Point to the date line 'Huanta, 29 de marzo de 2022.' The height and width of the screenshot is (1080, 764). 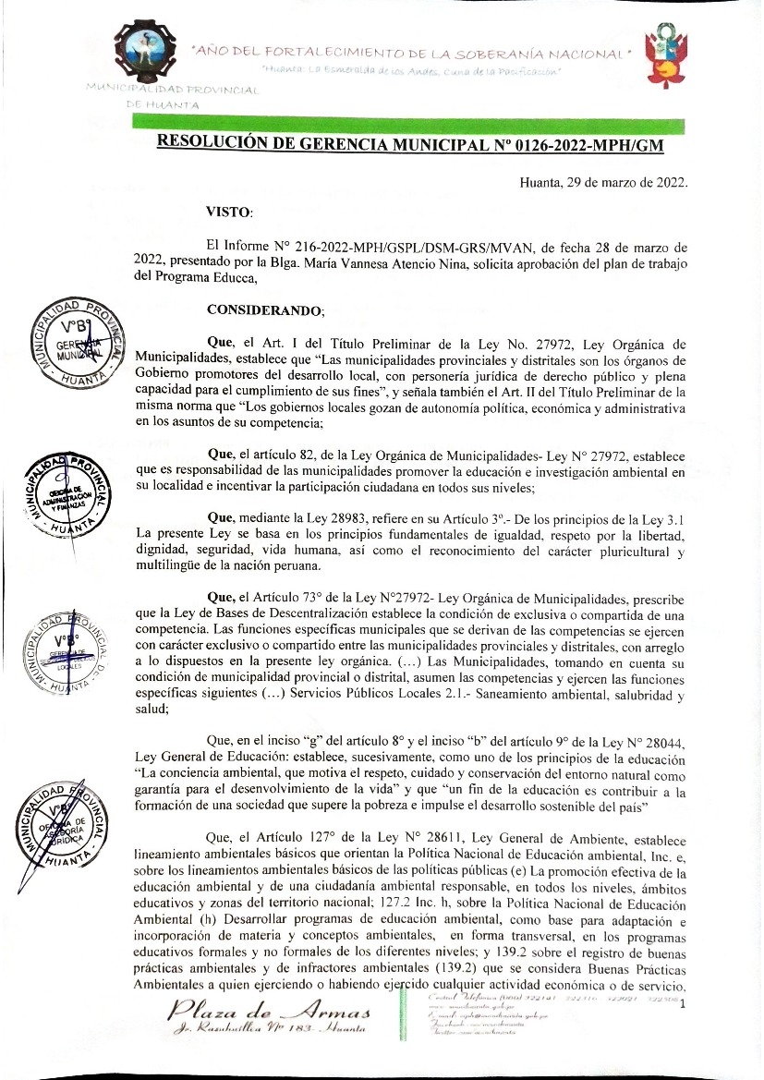point(603,181)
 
